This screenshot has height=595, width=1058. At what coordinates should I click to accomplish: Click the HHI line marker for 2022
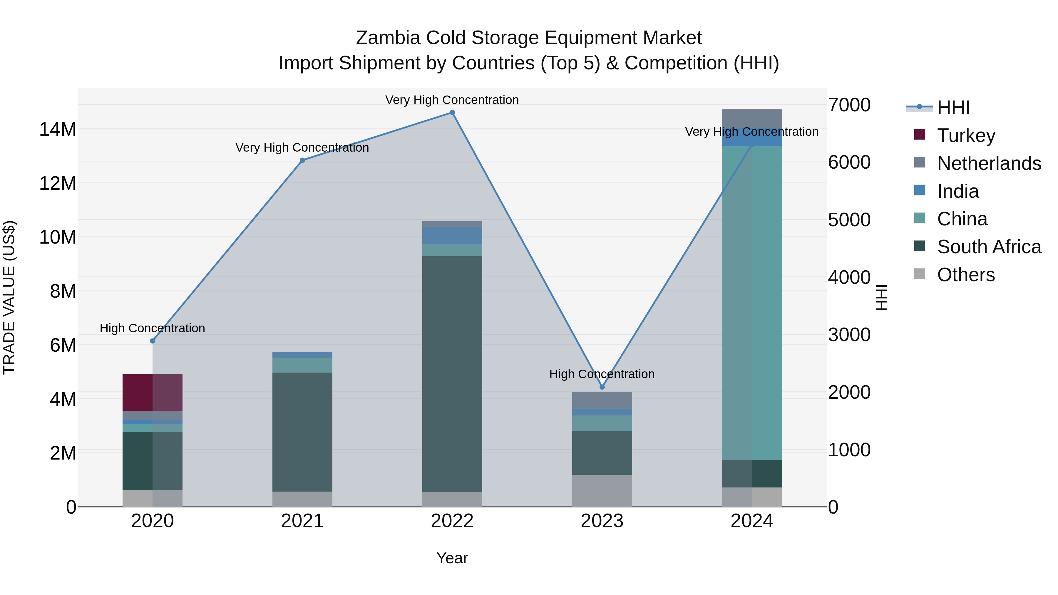click(452, 113)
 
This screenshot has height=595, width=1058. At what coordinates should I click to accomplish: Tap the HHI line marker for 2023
click(602, 387)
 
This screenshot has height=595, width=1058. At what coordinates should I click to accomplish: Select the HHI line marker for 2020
click(152, 341)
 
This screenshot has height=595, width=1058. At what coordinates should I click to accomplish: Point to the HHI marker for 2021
click(302, 160)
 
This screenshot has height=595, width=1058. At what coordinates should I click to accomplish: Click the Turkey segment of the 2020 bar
click(152, 393)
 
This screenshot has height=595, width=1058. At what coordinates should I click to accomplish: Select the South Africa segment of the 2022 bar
click(452, 374)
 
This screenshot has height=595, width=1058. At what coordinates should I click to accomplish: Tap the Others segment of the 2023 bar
click(602, 491)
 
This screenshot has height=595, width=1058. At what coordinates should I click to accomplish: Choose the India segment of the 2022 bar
click(452, 235)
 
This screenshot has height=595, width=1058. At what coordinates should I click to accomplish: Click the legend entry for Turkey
click(966, 135)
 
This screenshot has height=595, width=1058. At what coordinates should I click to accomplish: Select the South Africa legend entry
click(989, 247)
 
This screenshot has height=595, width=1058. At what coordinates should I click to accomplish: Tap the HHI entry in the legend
click(953, 108)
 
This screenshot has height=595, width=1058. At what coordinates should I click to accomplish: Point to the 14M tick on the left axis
click(58, 129)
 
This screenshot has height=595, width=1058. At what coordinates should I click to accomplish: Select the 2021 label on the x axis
click(302, 521)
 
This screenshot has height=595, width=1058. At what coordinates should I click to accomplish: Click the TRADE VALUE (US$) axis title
click(9, 297)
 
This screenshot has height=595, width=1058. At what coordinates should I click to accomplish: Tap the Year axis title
click(452, 558)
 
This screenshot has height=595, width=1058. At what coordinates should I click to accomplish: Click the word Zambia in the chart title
click(388, 38)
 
